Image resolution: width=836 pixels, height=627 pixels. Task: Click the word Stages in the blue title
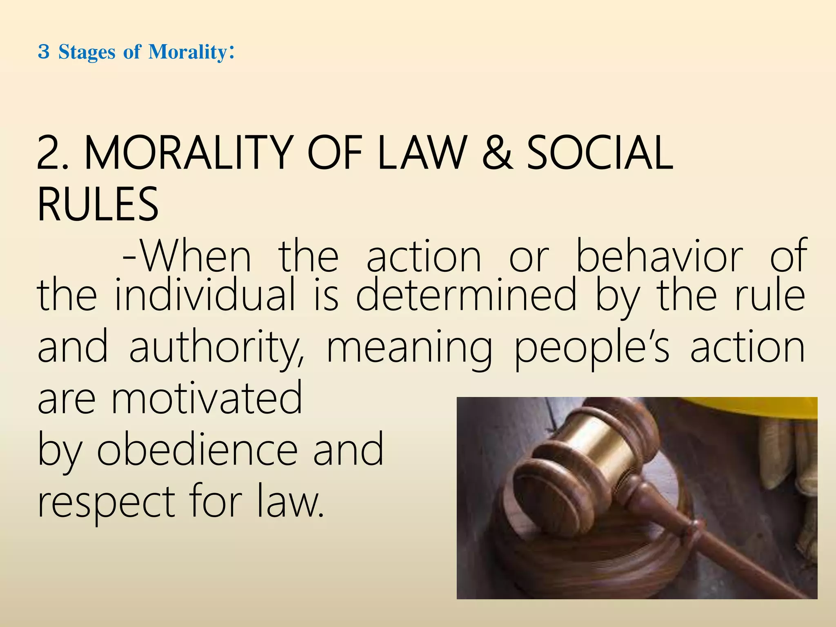pyautogui.click(x=87, y=52)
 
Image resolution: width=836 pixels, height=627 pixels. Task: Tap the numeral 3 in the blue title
pyautogui.click(x=44, y=52)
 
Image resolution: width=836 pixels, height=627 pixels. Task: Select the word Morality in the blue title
pyautogui.click(x=187, y=52)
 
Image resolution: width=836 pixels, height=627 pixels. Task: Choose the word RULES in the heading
pyautogui.click(x=98, y=204)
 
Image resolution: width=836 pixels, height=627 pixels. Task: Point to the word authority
pyautogui.click(x=217, y=348)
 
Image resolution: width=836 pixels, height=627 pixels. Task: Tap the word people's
pyautogui.click(x=591, y=348)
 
